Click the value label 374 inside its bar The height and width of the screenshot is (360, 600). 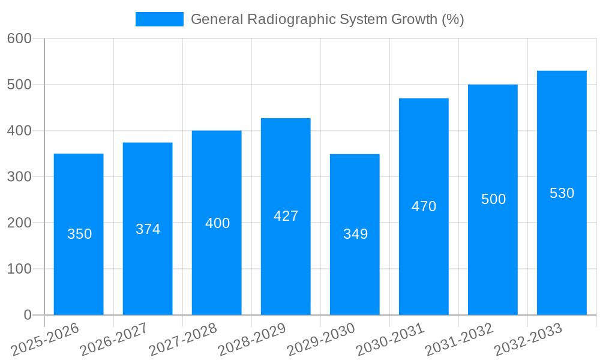pyautogui.click(x=148, y=229)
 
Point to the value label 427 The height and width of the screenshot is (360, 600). pyautogui.click(x=286, y=216)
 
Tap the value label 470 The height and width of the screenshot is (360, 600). pyautogui.click(x=424, y=206)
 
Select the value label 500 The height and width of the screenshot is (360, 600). pyautogui.click(x=493, y=199)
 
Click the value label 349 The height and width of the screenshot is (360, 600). pyautogui.click(x=355, y=234)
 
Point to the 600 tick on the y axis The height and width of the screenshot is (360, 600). pyautogui.click(x=19, y=38)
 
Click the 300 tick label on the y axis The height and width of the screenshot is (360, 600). pyautogui.click(x=19, y=176)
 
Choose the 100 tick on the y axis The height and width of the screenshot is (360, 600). pyautogui.click(x=19, y=269)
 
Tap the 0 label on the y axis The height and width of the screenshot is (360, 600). pyautogui.click(x=28, y=315)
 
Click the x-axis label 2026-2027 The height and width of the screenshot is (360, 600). pyautogui.click(x=115, y=339)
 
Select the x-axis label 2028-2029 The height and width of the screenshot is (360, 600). pyautogui.click(x=253, y=339)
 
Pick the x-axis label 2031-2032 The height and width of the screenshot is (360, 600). pyautogui.click(x=460, y=339)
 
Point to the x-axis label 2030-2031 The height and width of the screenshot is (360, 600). pyautogui.click(x=391, y=339)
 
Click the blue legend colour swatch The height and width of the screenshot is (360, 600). pyautogui.click(x=159, y=19)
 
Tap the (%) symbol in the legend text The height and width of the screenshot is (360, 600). pyautogui.click(x=452, y=19)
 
